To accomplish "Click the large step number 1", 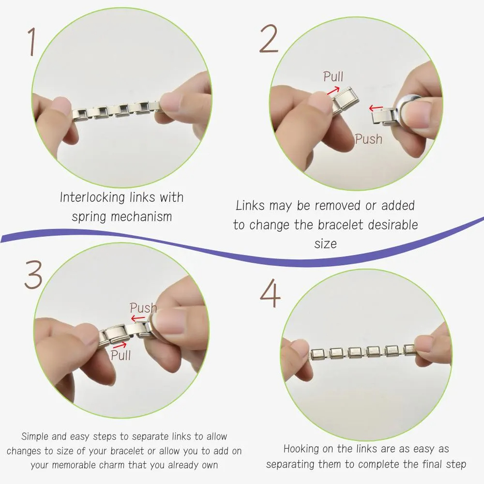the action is click(x=31, y=42).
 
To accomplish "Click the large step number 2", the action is click(x=269, y=39).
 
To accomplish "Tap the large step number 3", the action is click(x=33, y=274).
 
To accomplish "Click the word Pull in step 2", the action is click(x=333, y=76).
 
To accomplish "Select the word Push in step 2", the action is click(x=368, y=139).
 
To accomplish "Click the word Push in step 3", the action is click(x=143, y=308).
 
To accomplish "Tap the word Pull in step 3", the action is click(x=121, y=355).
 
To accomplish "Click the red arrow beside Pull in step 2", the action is click(x=333, y=91).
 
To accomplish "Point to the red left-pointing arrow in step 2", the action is click(x=376, y=108).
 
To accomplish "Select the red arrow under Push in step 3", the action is click(x=138, y=318).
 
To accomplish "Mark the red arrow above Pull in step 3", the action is click(x=120, y=345).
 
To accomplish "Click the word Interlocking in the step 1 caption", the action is click(x=92, y=197).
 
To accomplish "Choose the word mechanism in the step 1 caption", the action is click(x=141, y=216).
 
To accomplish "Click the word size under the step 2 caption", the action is click(x=325, y=244).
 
